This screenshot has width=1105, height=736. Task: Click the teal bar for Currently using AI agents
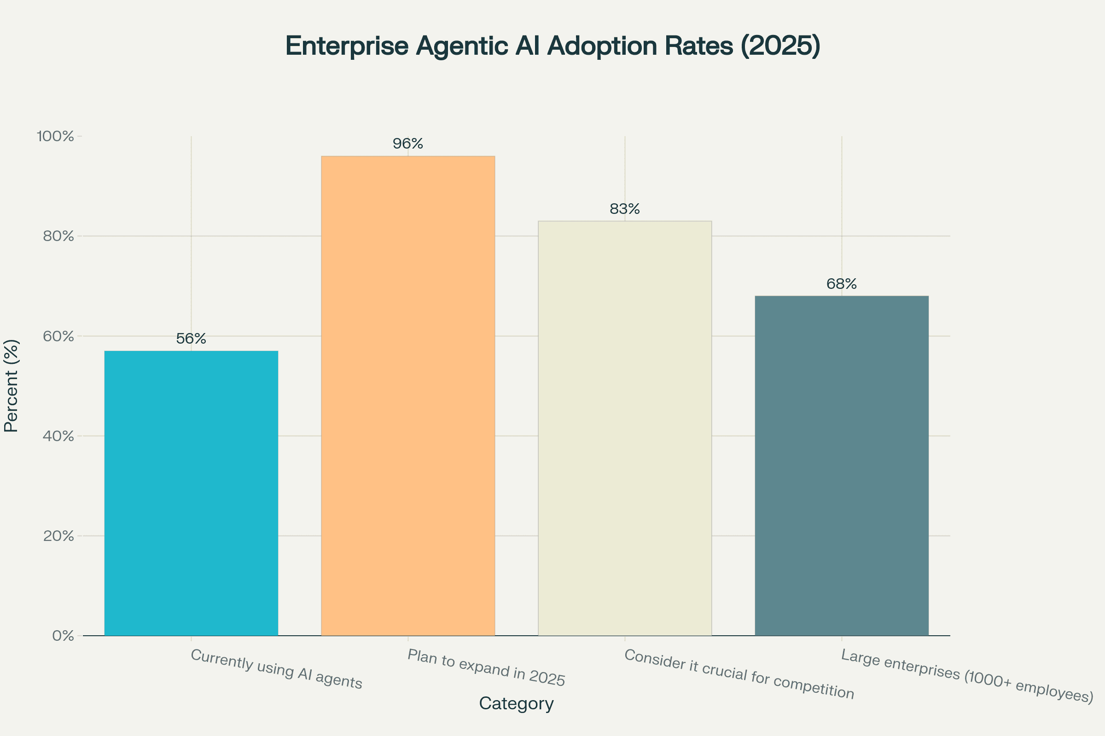pyautogui.click(x=191, y=493)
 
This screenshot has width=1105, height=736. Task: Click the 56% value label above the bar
pyautogui.click(x=191, y=339)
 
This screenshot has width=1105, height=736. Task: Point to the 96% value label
pyautogui.click(x=408, y=144)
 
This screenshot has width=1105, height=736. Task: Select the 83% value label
pyautogui.click(x=624, y=209)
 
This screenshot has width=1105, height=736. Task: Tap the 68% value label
pyautogui.click(x=842, y=284)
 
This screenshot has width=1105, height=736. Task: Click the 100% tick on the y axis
pyautogui.click(x=55, y=137)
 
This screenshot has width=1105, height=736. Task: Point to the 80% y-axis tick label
pyautogui.click(x=58, y=236)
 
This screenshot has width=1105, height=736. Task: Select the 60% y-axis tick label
pyautogui.click(x=58, y=337)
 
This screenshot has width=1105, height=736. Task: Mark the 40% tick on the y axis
pyautogui.click(x=58, y=436)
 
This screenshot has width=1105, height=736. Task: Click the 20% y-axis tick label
pyautogui.click(x=58, y=536)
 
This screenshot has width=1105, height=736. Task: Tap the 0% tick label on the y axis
pyautogui.click(x=63, y=636)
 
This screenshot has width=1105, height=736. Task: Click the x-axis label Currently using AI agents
pyautogui.click(x=276, y=669)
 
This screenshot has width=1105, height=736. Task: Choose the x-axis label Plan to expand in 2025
pyautogui.click(x=486, y=667)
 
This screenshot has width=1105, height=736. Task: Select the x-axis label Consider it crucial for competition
pyautogui.click(x=739, y=674)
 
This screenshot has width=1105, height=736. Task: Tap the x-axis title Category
pyautogui.click(x=516, y=703)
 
